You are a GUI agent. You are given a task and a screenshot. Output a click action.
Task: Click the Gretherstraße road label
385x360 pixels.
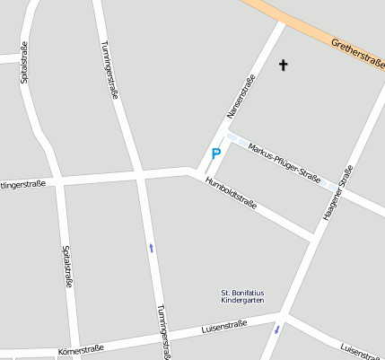point(356,55)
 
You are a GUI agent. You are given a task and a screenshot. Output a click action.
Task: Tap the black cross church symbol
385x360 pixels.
point(284,65)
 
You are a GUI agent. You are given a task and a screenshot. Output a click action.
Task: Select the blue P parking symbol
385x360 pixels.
point(215,154)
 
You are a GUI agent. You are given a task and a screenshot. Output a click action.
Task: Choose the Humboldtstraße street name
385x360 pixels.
point(231,192)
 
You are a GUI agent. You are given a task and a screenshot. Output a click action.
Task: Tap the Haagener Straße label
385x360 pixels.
point(337,194)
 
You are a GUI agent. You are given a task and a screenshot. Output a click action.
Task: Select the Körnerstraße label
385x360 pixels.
point(80,347)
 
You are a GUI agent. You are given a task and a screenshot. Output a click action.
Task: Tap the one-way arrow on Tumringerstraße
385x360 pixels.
point(151,247)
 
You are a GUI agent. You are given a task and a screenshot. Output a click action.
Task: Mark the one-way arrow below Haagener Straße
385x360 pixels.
point(276,329)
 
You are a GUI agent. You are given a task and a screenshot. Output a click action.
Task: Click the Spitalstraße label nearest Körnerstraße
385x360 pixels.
point(67,268)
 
